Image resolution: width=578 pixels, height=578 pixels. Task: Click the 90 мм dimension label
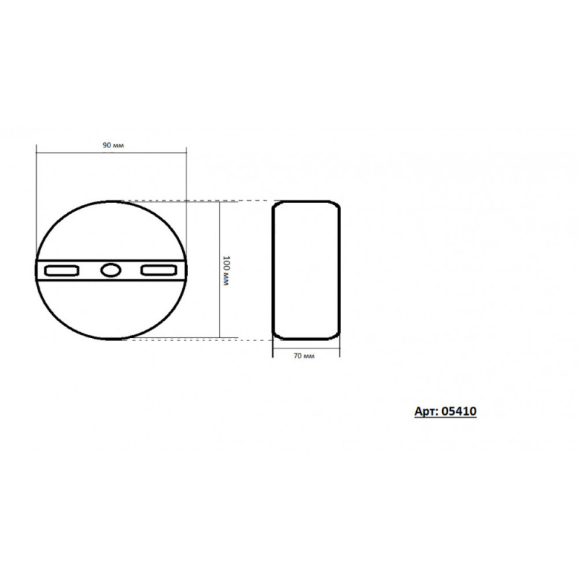click(113, 145)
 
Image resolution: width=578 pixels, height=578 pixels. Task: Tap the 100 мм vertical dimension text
click(226, 270)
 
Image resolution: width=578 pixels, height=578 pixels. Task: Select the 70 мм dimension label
click(304, 356)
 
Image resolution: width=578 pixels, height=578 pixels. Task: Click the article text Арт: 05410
click(445, 411)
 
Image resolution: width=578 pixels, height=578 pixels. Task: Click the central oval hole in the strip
click(111, 270)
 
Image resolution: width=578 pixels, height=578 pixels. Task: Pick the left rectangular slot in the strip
click(61, 270)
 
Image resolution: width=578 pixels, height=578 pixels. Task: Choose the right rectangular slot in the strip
click(159, 270)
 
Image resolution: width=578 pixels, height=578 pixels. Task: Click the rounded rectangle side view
click(272, 269)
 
